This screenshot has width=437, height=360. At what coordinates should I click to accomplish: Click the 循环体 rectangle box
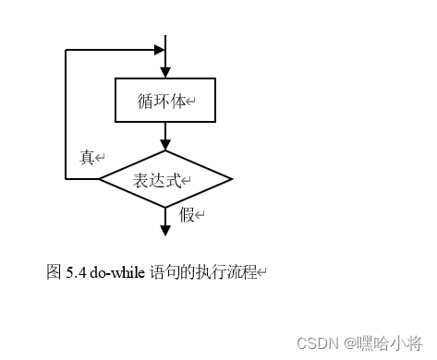click(165, 100)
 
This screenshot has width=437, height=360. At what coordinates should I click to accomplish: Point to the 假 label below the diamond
click(188, 215)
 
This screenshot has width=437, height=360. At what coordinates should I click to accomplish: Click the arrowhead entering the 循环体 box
click(165, 72)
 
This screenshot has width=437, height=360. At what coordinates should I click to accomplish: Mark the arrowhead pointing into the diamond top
click(165, 144)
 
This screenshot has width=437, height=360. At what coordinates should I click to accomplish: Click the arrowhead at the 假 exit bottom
click(165, 226)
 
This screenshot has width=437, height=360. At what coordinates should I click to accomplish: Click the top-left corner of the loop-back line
click(67, 49)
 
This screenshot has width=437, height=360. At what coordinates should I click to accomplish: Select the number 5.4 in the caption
click(77, 272)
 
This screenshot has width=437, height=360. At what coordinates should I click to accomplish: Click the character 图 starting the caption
click(54, 272)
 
